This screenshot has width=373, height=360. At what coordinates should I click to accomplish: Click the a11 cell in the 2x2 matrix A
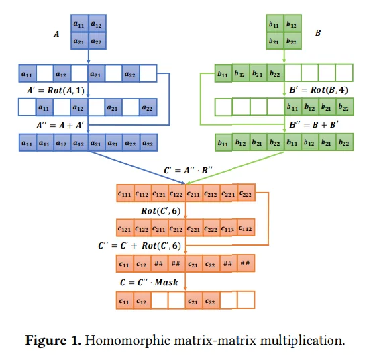(x=80, y=24)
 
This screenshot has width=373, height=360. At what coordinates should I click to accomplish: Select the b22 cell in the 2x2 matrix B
(x=292, y=41)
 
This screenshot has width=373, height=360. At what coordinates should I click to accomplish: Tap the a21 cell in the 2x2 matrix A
(x=80, y=41)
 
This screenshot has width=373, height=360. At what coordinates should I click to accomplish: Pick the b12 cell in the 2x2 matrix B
(x=292, y=24)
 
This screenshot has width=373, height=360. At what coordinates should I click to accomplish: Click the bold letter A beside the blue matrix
(x=56, y=34)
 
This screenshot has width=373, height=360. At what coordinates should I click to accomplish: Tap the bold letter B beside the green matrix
(x=318, y=33)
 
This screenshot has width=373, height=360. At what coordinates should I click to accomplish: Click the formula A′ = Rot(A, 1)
(x=56, y=91)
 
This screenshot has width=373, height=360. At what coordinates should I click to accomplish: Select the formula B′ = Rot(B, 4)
(x=319, y=90)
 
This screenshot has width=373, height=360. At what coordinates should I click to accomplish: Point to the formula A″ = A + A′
(x=60, y=125)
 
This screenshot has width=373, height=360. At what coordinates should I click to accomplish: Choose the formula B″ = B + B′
(x=314, y=124)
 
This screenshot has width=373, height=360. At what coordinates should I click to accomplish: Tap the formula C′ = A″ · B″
(x=188, y=170)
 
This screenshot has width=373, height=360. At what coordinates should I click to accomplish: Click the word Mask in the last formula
(x=166, y=283)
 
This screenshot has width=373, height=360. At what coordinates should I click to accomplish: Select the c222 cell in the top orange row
(x=246, y=193)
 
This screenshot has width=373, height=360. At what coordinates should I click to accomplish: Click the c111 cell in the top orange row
(x=125, y=193)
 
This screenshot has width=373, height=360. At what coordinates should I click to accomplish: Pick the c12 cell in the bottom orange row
(x=142, y=300)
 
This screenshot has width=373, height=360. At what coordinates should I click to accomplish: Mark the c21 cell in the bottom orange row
(x=194, y=300)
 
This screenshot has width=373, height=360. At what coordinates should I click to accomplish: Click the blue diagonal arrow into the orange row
(x=137, y=168)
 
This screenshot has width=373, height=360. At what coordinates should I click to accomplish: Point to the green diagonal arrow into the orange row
(x=235, y=168)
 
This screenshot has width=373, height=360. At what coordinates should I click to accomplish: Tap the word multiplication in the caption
(x=302, y=341)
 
